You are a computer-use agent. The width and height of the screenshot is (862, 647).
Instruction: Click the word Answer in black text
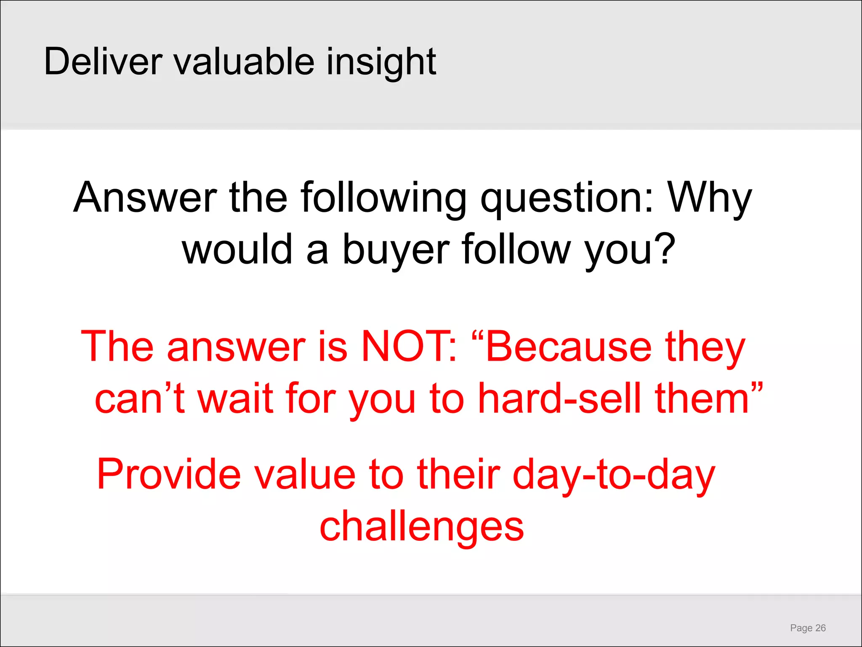[x=145, y=198]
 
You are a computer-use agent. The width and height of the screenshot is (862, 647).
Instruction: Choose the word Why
[x=710, y=198]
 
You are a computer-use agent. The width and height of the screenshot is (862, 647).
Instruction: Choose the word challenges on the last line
[x=422, y=527]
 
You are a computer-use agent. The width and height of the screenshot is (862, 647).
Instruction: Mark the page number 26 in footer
[x=820, y=628]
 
